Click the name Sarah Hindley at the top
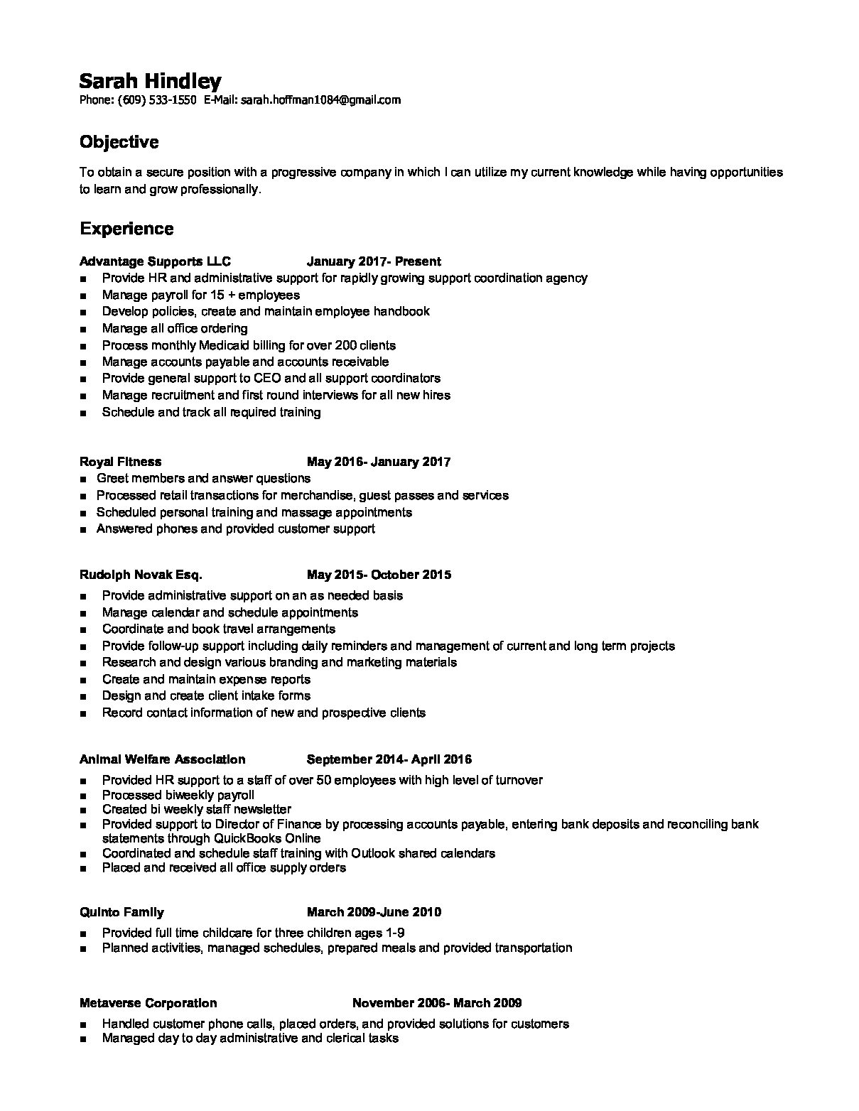(150, 80)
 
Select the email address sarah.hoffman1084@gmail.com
(320, 100)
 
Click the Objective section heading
(119, 142)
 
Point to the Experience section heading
(126, 229)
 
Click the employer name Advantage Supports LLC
(155, 261)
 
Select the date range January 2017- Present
(374, 261)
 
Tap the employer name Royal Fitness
(120, 462)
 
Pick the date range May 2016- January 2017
(379, 462)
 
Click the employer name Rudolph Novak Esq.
(141, 575)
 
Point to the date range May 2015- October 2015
(379, 575)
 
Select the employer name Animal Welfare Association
(162, 759)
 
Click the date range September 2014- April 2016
(389, 759)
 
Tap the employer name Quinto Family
(121, 912)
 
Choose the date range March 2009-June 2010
(374, 912)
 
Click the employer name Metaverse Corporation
(148, 1003)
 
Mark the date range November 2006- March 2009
(437, 1003)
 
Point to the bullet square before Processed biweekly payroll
(85, 796)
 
